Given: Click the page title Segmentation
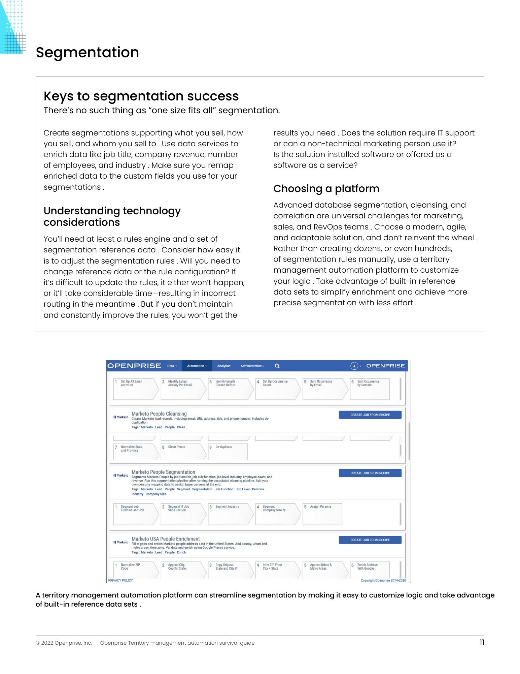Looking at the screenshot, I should coord(87,53).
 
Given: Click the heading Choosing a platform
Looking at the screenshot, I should coord(326,189).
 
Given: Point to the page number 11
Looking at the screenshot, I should coord(482,642).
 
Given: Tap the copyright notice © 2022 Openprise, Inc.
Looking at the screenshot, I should coord(64,643).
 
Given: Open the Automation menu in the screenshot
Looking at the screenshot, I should coord(197,366).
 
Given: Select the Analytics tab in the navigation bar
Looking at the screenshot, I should coord(224,366).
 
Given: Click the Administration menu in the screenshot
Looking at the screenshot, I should coord(252,366).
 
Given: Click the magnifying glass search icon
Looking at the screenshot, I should coord(277,366).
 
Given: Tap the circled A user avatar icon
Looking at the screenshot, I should coord(354,366).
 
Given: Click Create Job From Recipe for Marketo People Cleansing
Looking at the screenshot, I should coord(370,415).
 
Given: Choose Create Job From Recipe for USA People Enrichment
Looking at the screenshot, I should coord(370,540).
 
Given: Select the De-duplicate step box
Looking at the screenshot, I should coord(228,451).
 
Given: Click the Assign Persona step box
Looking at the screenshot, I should coord(322,514).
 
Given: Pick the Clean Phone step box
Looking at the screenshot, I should coord(182,451).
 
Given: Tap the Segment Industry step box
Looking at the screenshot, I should coord(229,514).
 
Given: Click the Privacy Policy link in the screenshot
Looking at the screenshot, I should coord(120,580).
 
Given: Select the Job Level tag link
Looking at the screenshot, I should coord(242,489).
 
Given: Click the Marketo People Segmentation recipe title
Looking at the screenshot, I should coord(163,472).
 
